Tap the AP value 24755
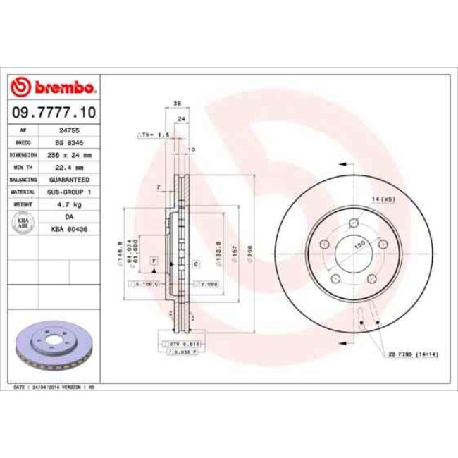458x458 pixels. coord(69,130)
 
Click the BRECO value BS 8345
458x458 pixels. coord(69,142)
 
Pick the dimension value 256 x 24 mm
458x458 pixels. coord(69,154)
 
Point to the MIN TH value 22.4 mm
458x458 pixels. coord(69,167)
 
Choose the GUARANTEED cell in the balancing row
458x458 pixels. coord(69,179)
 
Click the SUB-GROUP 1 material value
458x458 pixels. coord(69,192)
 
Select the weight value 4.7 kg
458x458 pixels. coord(69,204)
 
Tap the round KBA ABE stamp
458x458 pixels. coord(23,223)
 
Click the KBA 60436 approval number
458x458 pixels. coord(69,229)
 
